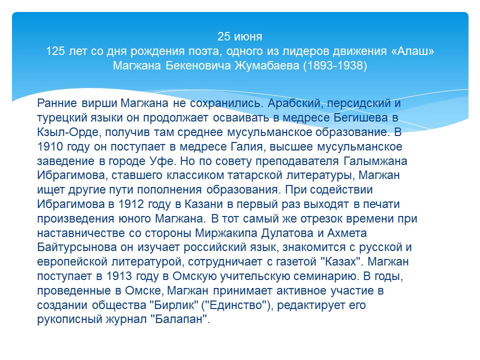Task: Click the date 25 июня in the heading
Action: point(239,36)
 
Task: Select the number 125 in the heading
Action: point(55,51)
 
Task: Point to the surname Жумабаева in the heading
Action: point(267,65)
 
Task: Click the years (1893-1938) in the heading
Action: point(335,65)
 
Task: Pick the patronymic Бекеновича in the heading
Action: point(198,65)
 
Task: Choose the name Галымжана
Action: point(375,160)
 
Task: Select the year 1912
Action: point(131,204)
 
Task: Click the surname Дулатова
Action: point(287,233)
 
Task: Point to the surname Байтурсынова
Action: point(77,247)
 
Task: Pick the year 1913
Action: point(119,276)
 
